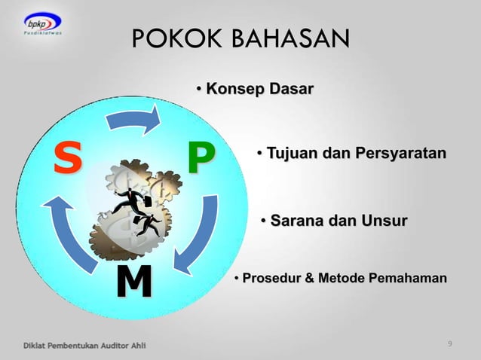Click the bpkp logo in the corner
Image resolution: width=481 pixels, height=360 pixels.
click(x=42, y=29)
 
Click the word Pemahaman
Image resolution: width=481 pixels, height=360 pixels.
click(x=410, y=279)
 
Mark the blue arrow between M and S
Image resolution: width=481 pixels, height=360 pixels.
click(x=66, y=230)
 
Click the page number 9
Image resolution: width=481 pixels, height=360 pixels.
click(x=449, y=344)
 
